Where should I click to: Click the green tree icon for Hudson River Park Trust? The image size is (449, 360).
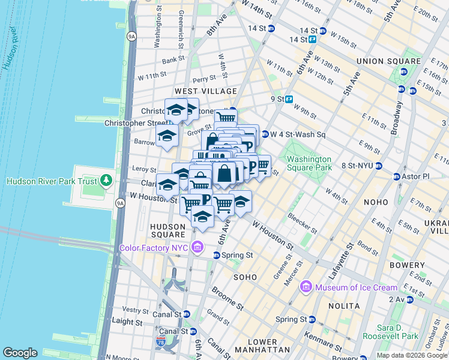[x=106, y=180]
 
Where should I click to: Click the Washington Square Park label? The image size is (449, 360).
[x=309, y=163]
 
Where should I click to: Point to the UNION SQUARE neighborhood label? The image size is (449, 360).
[x=388, y=61]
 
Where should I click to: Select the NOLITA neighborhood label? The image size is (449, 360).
[x=345, y=306]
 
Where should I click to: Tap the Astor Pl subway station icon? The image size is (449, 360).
[x=396, y=177]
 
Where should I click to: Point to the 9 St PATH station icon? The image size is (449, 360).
[x=289, y=99]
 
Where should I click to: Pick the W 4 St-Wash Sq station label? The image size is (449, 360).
[x=298, y=134]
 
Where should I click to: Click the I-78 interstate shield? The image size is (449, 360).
[x=161, y=341]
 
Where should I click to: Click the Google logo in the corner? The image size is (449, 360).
[x=20, y=353]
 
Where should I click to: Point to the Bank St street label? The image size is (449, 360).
[x=173, y=60]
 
